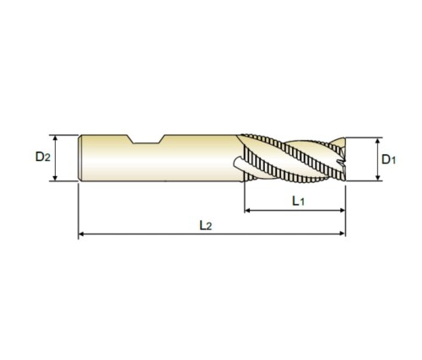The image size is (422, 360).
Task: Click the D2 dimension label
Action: point(43,157)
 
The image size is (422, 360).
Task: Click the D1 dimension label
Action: point(388,159)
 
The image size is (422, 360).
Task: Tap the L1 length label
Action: point(298,201)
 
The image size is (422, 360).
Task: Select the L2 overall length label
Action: point(205,225)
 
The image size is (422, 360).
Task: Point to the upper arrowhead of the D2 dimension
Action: point(55,138)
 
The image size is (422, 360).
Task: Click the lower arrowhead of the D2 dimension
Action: point(55,178)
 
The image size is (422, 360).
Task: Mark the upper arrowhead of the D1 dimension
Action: point(378,141)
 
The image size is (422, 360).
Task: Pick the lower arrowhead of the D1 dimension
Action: point(378,177)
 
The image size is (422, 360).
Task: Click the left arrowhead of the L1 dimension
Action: point(247,210)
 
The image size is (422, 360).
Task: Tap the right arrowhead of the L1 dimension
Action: point(342,210)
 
